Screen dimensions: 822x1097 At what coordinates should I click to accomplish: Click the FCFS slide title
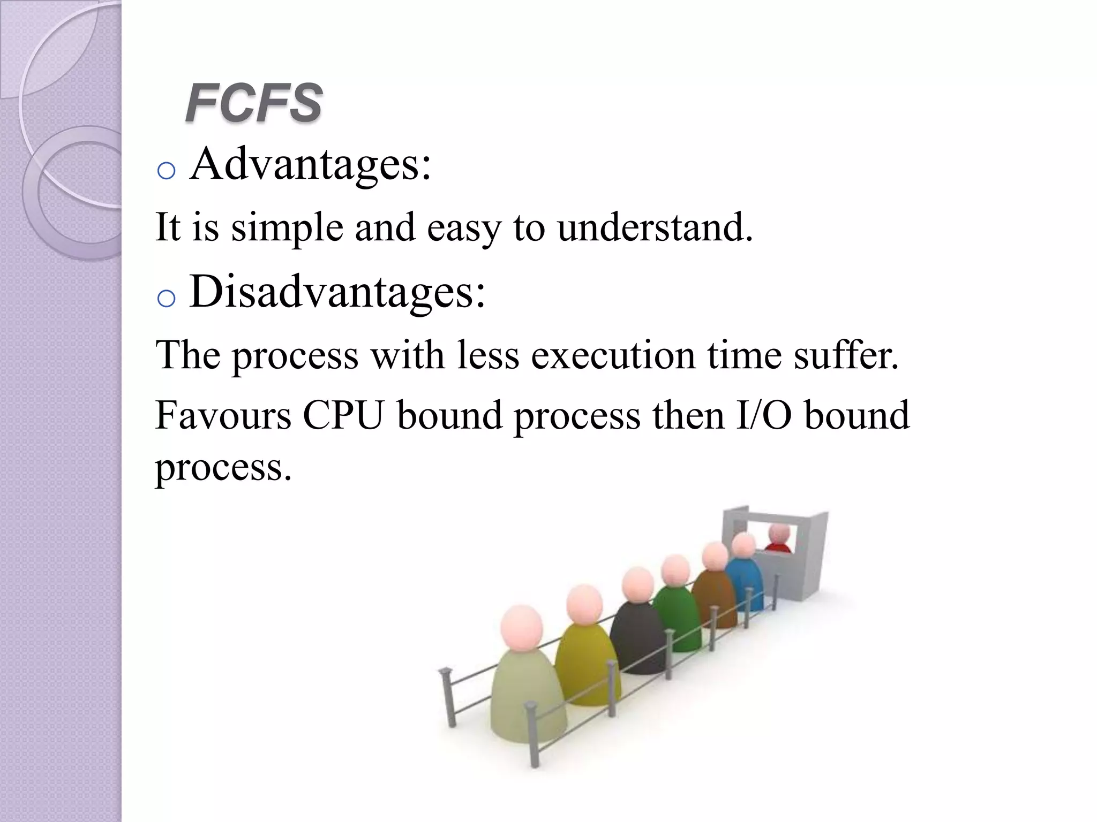pyautogui.click(x=253, y=103)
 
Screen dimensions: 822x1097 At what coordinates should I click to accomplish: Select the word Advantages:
pyautogui.click(x=310, y=164)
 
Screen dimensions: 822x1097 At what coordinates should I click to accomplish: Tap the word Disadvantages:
pyautogui.click(x=337, y=292)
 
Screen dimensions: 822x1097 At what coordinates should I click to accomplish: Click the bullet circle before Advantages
pyautogui.click(x=167, y=171)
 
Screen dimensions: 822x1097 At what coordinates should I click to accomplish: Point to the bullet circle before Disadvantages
pyautogui.click(x=167, y=299)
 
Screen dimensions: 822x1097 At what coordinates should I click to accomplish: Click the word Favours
pyautogui.click(x=223, y=415)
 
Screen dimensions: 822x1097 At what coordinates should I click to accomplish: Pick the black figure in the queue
pyautogui.click(x=637, y=637)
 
